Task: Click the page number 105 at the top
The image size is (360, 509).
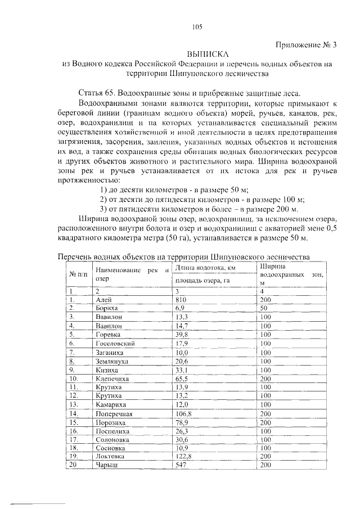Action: point(197,27)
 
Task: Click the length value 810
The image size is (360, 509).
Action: point(181,300)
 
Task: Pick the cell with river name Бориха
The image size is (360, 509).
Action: point(106,309)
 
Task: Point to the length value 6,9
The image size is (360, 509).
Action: point(180,309)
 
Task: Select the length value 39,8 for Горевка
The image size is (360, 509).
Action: point(182,334)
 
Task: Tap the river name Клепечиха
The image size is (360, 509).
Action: point(112,379)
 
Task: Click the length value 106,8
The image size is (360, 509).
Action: point(183,413)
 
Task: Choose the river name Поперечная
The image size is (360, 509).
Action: point(114,413)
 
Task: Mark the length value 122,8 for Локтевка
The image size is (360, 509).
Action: point(183,456)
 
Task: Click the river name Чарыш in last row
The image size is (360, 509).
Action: point(106,465)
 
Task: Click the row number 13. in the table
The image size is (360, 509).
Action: point(73,404)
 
